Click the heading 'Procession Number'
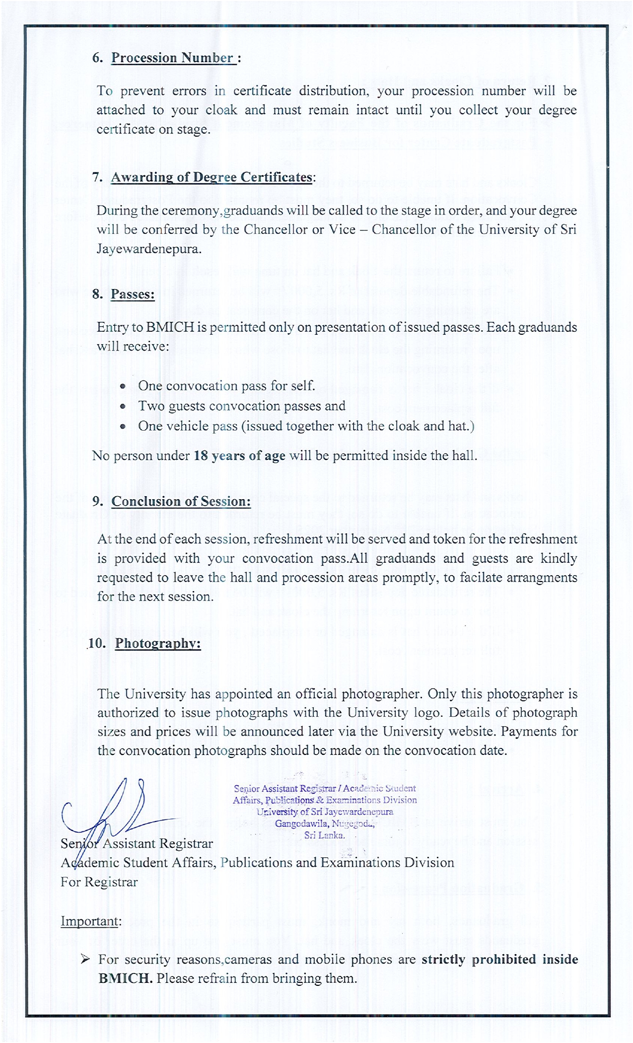(x=172, y=58)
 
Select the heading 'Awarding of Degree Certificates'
(x=211, y=177)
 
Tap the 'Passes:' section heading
(x=133, y=294)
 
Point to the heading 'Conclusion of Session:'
(x=181, y=501)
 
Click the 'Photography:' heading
(x=158, y=643)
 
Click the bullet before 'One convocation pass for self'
(x=123, y=386)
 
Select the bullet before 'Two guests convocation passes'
(x=123, y=406)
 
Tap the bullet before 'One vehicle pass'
(x=123, y=426)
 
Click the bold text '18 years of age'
(x=239, y=455)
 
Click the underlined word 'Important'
(x=90, y=921)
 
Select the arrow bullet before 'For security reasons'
(x=85, y=959)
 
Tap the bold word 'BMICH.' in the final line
(x=126, y=978)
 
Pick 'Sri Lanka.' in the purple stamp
(x=325, y=835)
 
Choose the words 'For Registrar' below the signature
(x=99, y=882)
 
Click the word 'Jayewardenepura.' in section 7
(x=149, y=248)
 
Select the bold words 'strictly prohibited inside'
(x=499, y=959)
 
